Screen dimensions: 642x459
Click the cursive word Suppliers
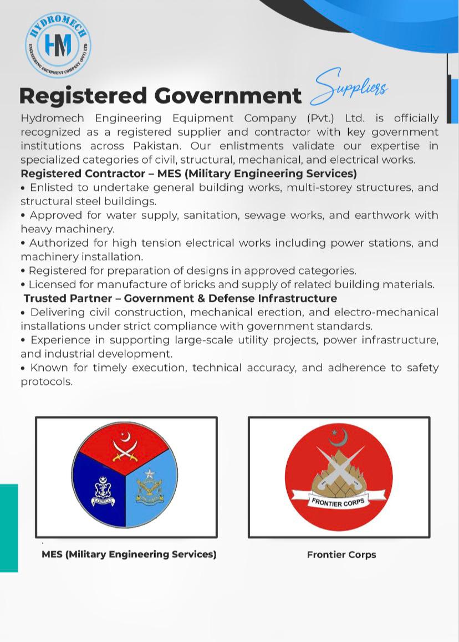pyautogui.click(x=350, y=88)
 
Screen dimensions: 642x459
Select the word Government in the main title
pyautogui.click(x=228, y=95)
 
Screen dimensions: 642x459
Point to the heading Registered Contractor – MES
pyautogui.click(x=188, y=174)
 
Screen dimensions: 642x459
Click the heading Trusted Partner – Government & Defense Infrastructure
pyautogui.click(x=180, y=298)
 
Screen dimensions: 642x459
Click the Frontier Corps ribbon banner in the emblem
pyautogui.click(x=338, y=502)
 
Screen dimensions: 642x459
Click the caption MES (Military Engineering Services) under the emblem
pyautogui.click(x=129, y=554)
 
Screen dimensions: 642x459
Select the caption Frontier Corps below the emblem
pyautogui.click(x=341, y=554)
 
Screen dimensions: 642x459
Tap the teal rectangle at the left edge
pyautogui.click(x=9, y=527)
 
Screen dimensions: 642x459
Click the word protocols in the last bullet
pyautogui.click(x=47, y=382)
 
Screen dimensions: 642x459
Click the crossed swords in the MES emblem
pyautogui.click(x=125, y=451)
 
